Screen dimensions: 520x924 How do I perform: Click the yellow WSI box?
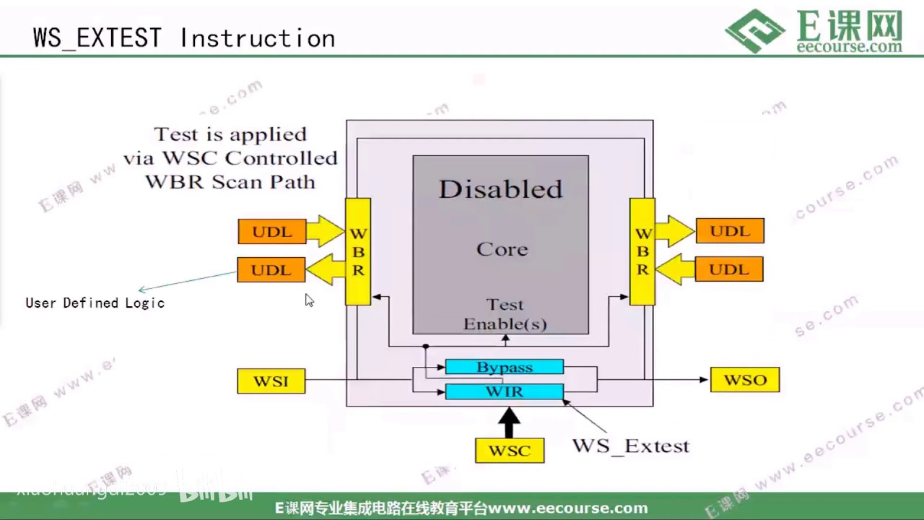(271, 381)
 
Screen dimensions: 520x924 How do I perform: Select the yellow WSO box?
(745, 380)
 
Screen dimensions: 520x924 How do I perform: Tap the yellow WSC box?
(510, 451)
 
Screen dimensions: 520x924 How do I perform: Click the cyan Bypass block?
(504, 367)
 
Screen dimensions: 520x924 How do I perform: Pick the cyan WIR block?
(504, 391)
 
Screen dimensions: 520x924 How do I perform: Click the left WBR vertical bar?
(358, 251)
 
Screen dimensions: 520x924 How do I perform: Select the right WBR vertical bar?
(642, 251)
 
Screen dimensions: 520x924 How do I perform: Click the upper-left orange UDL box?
(272, 231)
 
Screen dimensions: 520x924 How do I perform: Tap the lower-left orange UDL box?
(271, 269)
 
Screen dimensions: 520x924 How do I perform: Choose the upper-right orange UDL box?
(730, 231)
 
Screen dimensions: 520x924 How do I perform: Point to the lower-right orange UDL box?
(729, 269)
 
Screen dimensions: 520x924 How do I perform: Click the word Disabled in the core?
(500, 189)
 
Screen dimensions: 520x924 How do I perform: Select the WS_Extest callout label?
(630, 446)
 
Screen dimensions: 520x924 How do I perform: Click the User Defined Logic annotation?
(95, 303)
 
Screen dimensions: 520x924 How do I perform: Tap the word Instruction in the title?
(258, 38)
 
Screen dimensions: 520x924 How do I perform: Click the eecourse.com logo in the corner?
(815, 30)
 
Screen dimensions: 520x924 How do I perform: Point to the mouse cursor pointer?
(308, 300)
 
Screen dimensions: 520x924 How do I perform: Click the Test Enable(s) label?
(505, 314)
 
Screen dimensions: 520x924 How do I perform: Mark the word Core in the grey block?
(502, 249)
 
